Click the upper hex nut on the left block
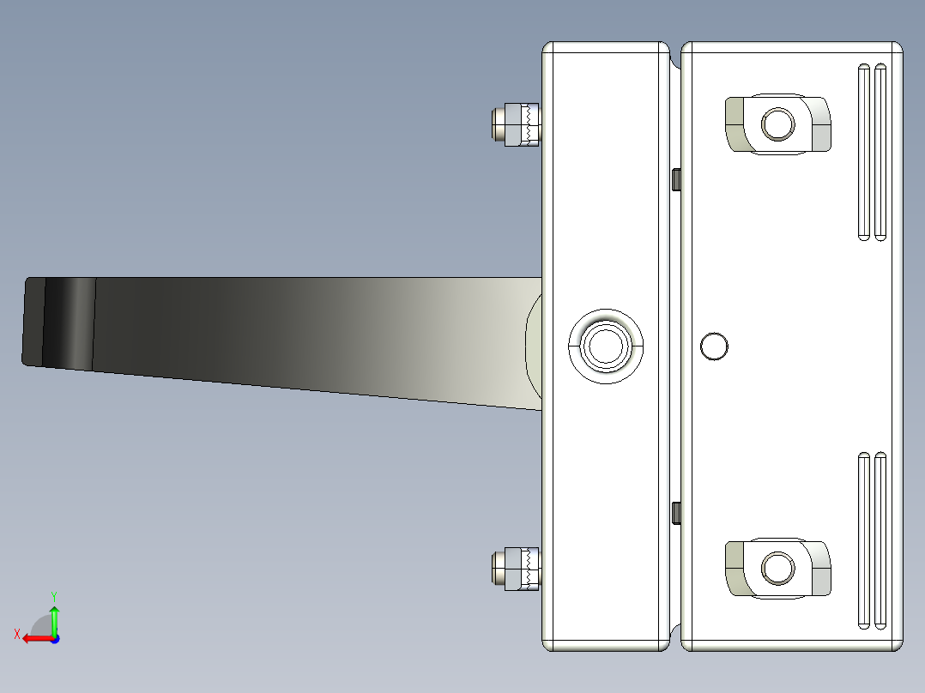(x=523, y=124)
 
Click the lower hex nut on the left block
(x=523, y=569)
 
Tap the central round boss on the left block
(x=606, y=345)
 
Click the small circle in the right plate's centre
(x=714, y=346)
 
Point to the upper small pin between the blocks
(x=676, y=179)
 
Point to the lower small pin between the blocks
(x=676, y=513)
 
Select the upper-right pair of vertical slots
(x=871, y=152)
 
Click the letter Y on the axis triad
(x=53, y=594)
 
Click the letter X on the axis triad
(x=16, y=634)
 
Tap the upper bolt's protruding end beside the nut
(x=499, y=124)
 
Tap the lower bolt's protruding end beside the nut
(x=499, y=569)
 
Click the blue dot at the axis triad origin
(x=54, y=638)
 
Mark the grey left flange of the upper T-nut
(x=735, y=124)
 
